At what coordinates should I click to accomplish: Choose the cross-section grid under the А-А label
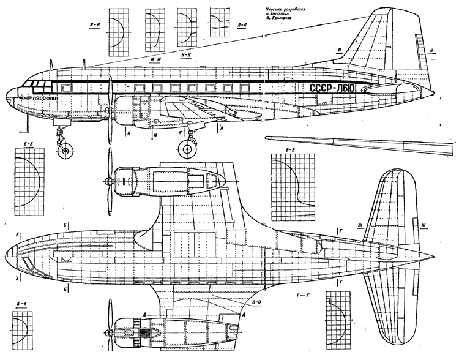(x=29, y=330)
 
